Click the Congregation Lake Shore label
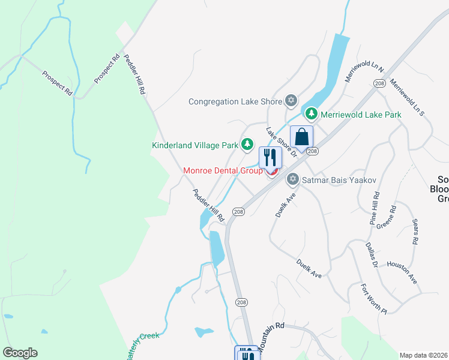235,101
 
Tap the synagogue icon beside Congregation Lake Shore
291,101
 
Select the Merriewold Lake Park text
360,114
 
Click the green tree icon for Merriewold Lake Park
311,113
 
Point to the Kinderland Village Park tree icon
247,145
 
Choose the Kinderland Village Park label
195,145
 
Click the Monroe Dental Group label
223,171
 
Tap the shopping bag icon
301,136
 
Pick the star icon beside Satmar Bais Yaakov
293,178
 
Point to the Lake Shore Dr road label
282,142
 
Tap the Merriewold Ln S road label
407,96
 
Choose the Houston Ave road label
402,272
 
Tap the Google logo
20,353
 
